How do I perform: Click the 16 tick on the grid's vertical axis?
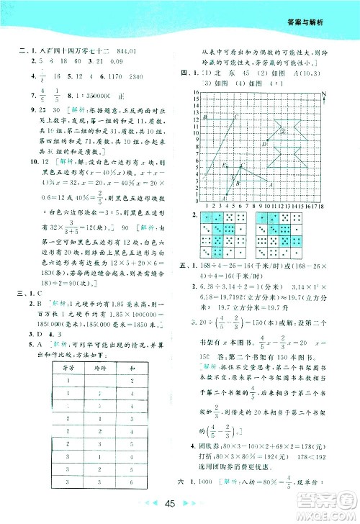click(x=194, y=93)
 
